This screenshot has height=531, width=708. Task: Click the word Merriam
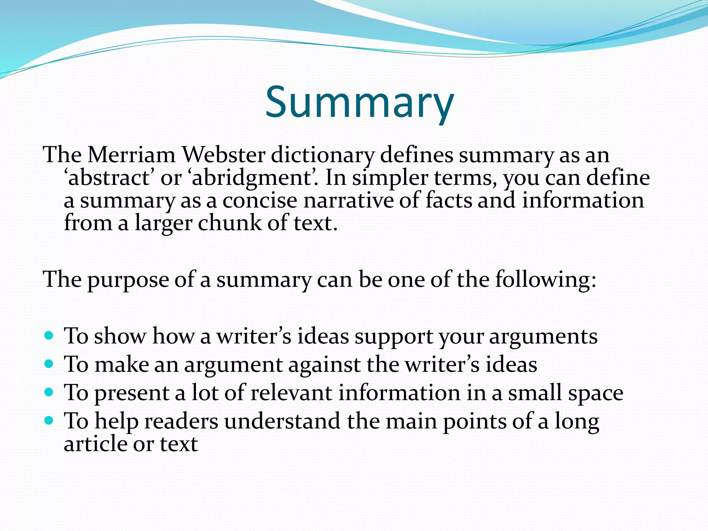pyautogui.click(x=131, y=155)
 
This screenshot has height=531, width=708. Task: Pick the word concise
pyautogui.click(x=260, y=201)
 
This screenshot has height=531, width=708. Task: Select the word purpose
pyautogui.click(x=128, y=280)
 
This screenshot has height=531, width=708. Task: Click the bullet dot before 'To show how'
pyautogui.click(x=49, y=335)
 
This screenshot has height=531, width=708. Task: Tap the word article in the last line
pyautogui.click(x=95, y=444)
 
